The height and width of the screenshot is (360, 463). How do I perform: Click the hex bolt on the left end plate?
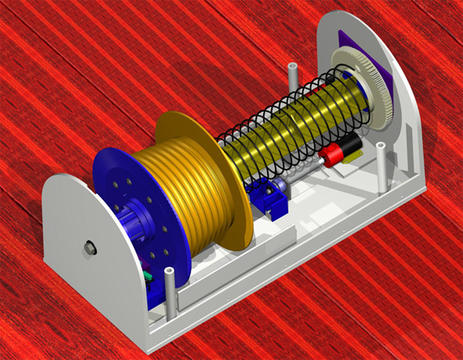pyautogui.click(x=90, y=248)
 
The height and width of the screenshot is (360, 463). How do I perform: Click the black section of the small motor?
pyautogui.click(x=349, y=145)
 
